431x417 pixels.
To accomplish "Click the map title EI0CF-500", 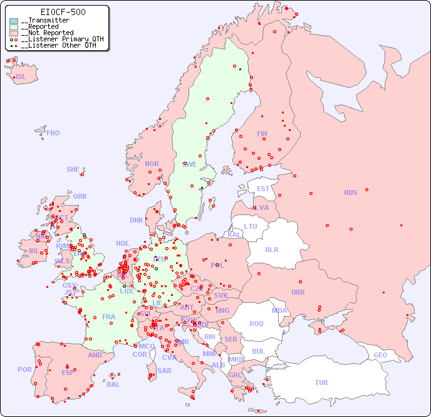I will [x=63, y=12].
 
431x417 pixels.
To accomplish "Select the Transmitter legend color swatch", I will [x=14, y=21].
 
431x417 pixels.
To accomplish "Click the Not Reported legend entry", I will [x=47, y=33].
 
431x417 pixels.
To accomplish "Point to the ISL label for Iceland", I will [x=21, y=77].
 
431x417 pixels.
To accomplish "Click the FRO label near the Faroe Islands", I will [x=53, y=133].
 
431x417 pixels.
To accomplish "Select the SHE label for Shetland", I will [x=73, y=169].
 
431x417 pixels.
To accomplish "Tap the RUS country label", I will [x=350, y=193].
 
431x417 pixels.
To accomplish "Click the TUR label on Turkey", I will [x=321, y=383].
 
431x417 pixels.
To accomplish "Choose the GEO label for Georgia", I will [x=380, y=355].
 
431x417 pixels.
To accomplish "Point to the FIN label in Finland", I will [x=262, y=134].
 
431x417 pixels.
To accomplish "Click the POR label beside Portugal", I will [x=24, y=369].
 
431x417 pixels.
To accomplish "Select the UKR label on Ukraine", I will [x=298, y=292].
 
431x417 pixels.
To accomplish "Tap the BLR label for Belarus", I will [x=271, y=249].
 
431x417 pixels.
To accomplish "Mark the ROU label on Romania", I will [x=256, y=324].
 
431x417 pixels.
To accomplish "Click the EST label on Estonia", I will [x=263, y=189].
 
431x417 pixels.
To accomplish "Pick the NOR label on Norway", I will [x=152, y=164].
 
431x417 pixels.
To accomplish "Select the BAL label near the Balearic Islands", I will [x=113, y=384].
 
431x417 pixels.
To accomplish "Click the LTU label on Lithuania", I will [x=251, y=226].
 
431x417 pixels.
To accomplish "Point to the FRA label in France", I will [x=109, y=317].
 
